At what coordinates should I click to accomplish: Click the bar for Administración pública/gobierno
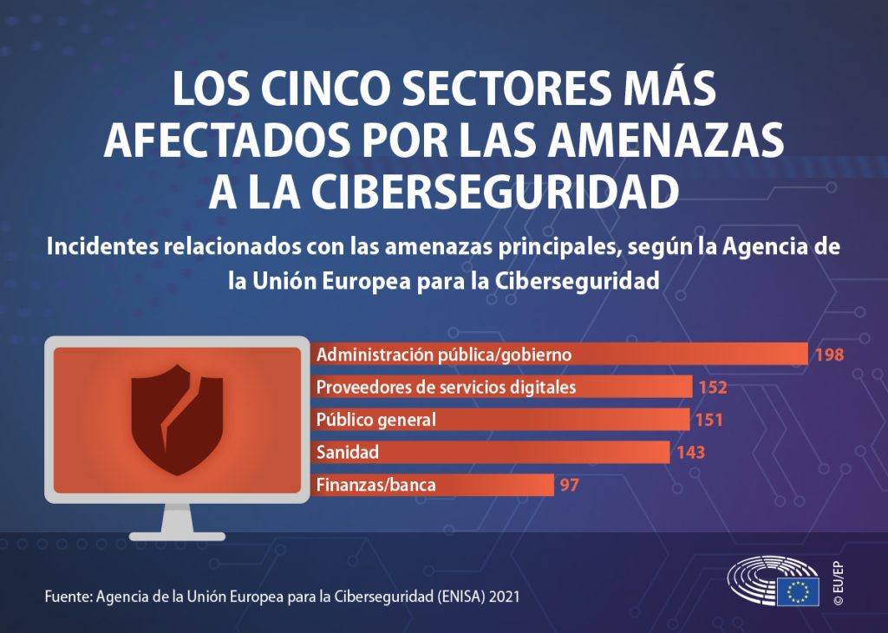(558, 355)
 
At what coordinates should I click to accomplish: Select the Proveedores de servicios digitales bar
(500, 387)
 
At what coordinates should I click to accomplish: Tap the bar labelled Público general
(499, 420)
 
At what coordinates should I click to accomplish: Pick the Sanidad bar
(489, 452)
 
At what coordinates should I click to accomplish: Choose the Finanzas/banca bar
(432, 485)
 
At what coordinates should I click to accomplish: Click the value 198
(829, 355)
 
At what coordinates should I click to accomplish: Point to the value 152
(713, 388)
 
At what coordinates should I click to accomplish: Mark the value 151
(709, 420)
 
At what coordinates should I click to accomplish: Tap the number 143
(690, 453)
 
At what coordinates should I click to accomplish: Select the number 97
(569, 486)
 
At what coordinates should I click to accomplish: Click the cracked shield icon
(177, 420)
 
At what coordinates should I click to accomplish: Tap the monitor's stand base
(177, 536)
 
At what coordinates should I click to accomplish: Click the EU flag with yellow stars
(798, 591)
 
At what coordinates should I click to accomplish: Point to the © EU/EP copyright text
(839, 584)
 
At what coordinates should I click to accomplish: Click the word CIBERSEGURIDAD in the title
(494, 192)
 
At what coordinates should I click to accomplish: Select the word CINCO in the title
(324, 88)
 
